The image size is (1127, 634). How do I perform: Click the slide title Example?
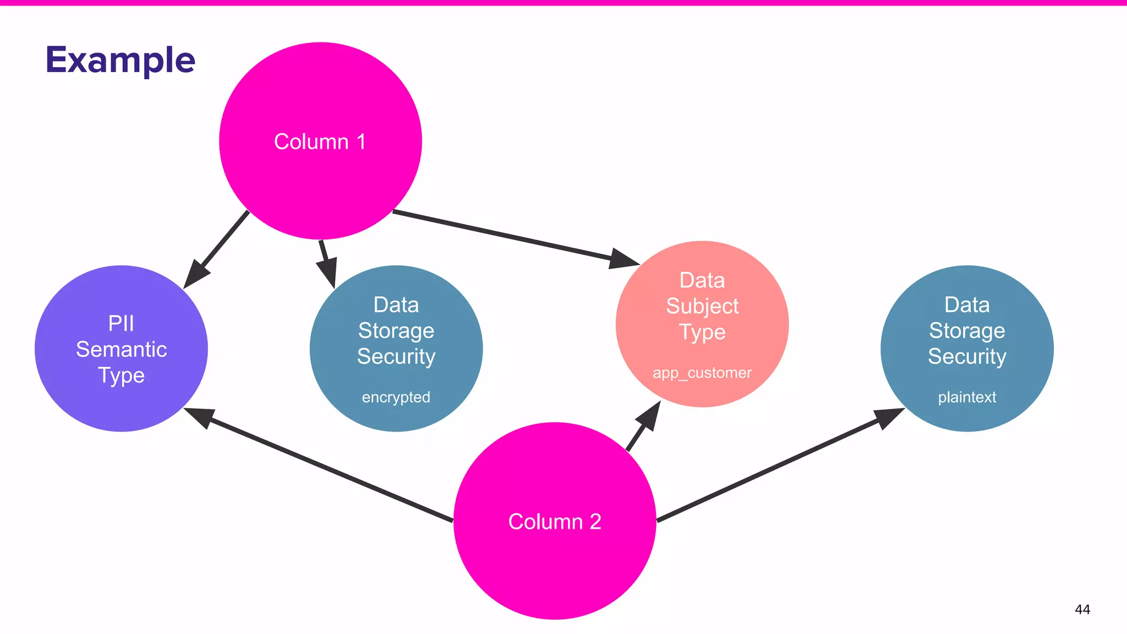point(120,60)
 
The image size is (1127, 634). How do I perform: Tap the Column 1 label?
point(320,141)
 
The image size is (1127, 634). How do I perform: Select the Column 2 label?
point(554,521)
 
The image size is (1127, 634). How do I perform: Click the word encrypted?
point(396,397)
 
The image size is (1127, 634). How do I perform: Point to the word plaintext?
point(967,397)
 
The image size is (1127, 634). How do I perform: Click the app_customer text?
point(702,373)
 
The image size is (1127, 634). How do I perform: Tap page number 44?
point(1082,609)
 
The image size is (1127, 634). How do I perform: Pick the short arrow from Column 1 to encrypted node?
point(326,261)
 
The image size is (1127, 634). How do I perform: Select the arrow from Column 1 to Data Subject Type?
point(512,237)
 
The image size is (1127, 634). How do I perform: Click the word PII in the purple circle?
point(121,324)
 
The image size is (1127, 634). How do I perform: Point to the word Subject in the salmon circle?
point(702,306)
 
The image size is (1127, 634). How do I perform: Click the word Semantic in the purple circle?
point(121,349)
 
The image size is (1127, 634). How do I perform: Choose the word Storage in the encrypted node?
point(396,331)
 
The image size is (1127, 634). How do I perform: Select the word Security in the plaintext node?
point(967,357)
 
